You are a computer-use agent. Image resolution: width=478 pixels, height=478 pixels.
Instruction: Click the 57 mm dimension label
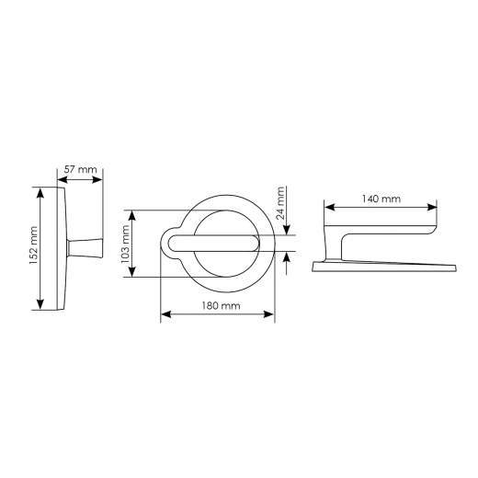pyautogui.click(x=80, y=169)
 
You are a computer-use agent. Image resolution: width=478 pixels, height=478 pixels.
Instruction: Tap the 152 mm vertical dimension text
pyautogui.click(x=33, y=245)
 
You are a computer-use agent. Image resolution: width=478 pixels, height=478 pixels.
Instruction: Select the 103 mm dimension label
pyautogui.click(x=125, y=244)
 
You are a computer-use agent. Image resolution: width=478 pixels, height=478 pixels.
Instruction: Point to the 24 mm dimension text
pyautogui.click(x=280, y=204)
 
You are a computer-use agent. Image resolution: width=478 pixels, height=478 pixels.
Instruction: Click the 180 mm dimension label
pyautogui.click(x=221, y=305)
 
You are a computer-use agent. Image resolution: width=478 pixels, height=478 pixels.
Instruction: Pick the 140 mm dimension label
pyautogui.click(x=381, y=199)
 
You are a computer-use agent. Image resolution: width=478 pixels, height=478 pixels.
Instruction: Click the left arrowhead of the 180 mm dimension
pyautogui.click(x=166, y=314)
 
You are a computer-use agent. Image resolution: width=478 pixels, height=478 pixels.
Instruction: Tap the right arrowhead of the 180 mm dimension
pyautogui.click(x=268, y=314)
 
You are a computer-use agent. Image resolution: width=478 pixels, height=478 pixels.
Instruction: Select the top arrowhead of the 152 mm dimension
pyautogui.click(x=40, y=193)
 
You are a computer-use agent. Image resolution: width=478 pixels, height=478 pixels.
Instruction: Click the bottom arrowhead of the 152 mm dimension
pyautogui.click(x=40, y=304)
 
